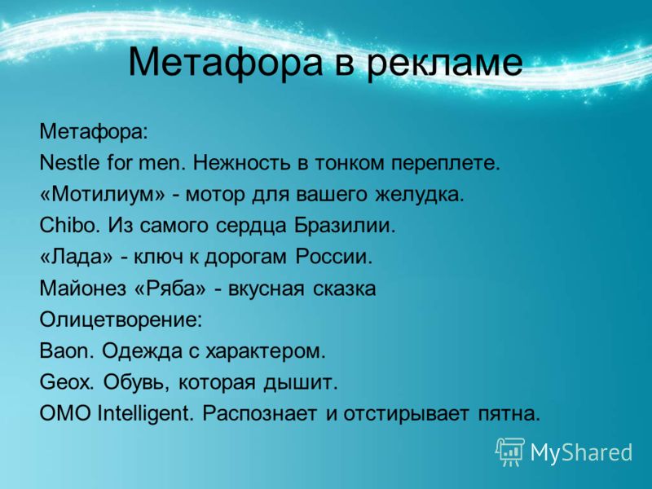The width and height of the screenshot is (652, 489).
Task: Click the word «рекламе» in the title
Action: (444, 63)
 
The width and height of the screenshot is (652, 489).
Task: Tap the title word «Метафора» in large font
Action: (225, 63)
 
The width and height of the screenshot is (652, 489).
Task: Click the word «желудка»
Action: (419, 195)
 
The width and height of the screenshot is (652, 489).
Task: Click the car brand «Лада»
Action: (76, 257)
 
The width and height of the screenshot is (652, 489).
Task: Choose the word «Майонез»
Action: (82, 289)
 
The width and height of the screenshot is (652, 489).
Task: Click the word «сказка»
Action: (344, 289)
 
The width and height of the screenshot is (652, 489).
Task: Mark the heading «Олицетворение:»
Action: (121, 320)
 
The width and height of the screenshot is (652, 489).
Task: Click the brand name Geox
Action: (67, 382)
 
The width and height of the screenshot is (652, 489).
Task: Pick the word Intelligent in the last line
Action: (146, 414)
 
